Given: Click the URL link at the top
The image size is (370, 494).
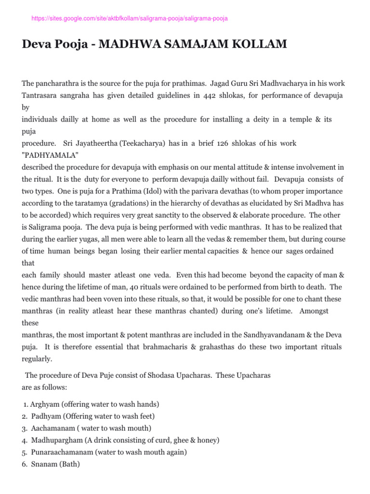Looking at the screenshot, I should click(130, 18).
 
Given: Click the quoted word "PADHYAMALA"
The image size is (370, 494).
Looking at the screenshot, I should click(47, 155).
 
